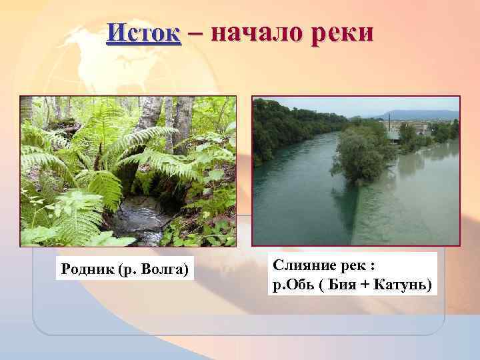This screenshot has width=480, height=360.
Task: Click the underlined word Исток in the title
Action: (x=143, y=33)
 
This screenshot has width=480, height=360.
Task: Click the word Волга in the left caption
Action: (x=165, y=269)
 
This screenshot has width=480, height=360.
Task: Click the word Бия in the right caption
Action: (x=347, y=285)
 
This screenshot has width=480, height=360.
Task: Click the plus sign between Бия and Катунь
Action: (x=371, y=285)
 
